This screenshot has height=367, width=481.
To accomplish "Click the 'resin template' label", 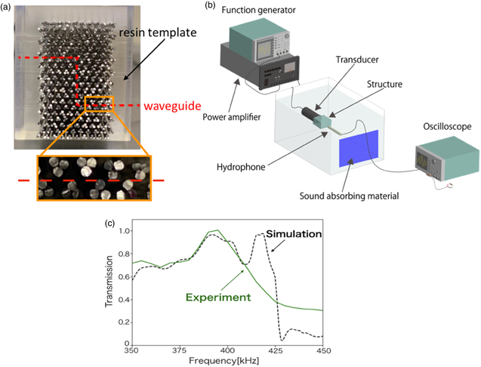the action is pyautogui.click(x=158, y=32).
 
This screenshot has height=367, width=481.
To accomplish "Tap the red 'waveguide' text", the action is pyautogui.click(x=172, y=106).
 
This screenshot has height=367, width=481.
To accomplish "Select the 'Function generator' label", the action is pyautogui.click(x=258, y=10).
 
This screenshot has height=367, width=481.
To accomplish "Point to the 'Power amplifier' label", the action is pyautogui.click(x=232, y=117).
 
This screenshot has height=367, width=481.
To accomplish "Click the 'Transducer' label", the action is pyautogui.click(x=357, y=59).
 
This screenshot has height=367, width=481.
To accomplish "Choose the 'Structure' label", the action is pyautogui.click(x=384, y=84).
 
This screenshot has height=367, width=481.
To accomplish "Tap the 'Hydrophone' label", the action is pyautogui.click(x=241, y=167).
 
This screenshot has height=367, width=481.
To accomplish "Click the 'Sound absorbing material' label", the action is pyautogui.click(x=349, y=196).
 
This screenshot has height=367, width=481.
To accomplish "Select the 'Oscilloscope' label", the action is pyautogui.click(x=447, y=126).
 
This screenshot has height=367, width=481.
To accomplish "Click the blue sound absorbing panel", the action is pyautogui.click(x=359, y=149).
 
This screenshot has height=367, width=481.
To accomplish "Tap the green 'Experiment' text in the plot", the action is pyautogui.click(x=218, y=298).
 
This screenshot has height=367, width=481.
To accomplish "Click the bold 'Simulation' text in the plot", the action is pyautogui.click(x=294, y=234).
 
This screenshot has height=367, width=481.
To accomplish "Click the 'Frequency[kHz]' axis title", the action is pyautogui.click(x=224, y=361).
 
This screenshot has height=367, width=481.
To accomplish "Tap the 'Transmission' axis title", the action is pyautogui.click(x=109, y=282).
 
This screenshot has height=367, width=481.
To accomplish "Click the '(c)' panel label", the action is pyautogui.click(x=110, y=224).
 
